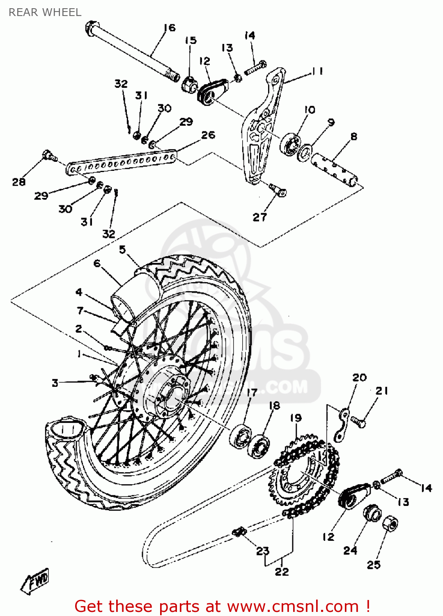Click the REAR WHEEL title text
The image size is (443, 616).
[x=45, y=12]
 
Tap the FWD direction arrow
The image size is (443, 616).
[x=36, y=581]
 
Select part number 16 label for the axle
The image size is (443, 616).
[x=169, y=28]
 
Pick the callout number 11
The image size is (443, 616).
[x=317, y=71]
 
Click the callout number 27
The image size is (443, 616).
[x=259, y=217]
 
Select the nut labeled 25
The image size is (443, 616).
[x=390, y=524]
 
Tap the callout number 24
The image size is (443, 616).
[x=350, y=550]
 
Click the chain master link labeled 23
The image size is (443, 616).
[x=239, y=532]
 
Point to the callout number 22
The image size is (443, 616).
[x=282, y=571]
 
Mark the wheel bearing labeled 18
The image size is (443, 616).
[x=259, y=446]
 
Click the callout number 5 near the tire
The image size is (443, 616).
[x=122, y=250]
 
